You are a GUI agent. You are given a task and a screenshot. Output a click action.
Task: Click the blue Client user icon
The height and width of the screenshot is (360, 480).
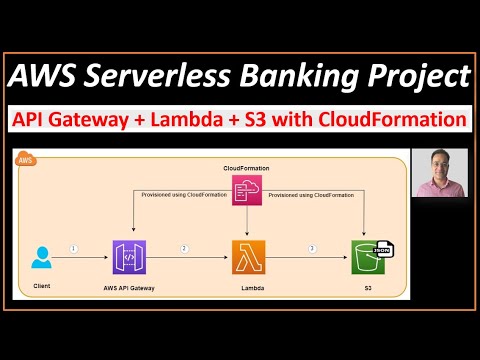coord(41,258)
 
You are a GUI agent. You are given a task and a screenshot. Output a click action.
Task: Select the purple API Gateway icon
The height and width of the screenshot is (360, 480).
coord(130,258)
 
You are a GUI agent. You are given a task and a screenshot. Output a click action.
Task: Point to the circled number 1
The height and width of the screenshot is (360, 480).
coord(73,248)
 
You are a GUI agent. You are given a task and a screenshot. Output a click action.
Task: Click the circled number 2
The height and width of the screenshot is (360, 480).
coord(183,248)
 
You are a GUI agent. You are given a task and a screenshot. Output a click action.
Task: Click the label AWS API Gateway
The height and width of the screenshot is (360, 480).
coord(131,287)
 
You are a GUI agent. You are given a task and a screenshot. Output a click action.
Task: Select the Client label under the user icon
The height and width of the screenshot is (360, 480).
coord(40,287)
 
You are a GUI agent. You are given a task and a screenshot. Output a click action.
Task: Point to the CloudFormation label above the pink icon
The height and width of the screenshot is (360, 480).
coord(245,166)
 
